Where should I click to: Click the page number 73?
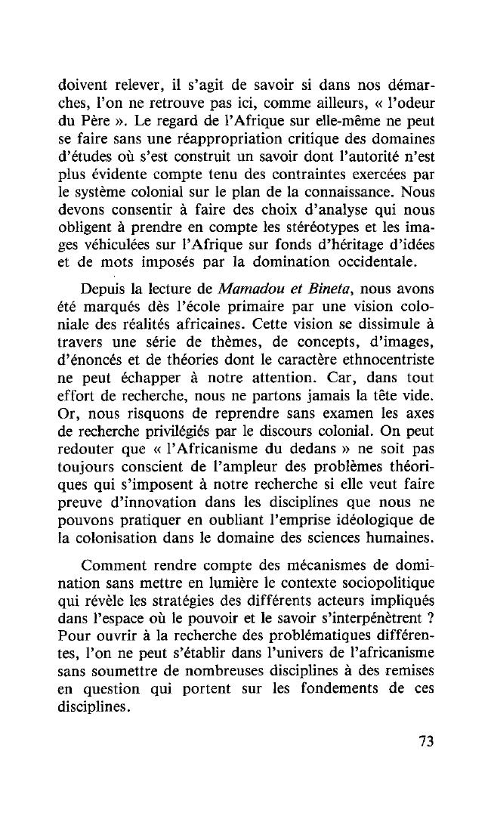point(426,741)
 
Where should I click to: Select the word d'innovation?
point(159,502)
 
